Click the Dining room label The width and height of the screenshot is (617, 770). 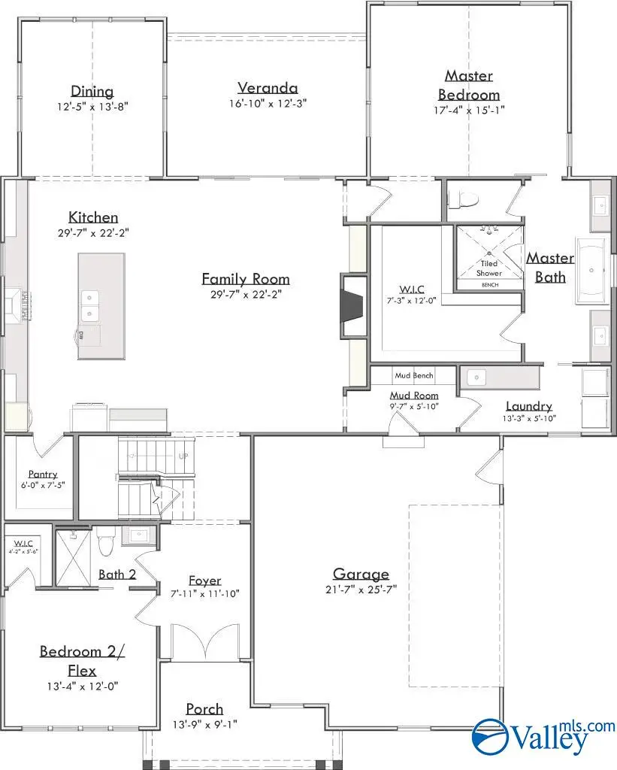click(x=92, y=92)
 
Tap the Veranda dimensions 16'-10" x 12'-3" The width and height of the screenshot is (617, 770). click(x=268, y=103)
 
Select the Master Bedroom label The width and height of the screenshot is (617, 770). click(x=468, y=85)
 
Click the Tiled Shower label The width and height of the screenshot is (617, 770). click(x=489, y=268)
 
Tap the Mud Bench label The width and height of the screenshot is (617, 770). click(x=413, y=374)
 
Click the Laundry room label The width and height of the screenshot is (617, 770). click(x=528, y=406)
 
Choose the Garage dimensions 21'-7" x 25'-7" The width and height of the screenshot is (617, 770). click(x=362, y=591)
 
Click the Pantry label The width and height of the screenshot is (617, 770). click(x=43, y=474)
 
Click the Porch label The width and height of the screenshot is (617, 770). click(x=204, y=708)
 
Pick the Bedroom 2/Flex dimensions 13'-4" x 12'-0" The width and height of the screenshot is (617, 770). click(x=83, y=685)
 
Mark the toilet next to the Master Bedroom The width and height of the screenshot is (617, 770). click(x=460, y=199)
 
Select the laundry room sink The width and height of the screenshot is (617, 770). click(x=476, y=376)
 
